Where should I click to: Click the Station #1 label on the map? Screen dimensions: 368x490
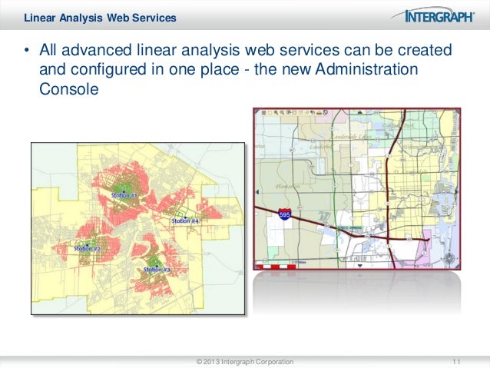point(124,195)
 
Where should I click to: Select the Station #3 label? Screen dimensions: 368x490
point(157,270)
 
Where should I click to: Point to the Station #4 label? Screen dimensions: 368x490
point(185,220)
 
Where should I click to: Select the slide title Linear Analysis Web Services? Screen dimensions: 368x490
point(100,17)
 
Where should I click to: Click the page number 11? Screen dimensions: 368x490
point(458,361)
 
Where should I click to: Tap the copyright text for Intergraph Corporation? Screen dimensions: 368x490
point(244,361)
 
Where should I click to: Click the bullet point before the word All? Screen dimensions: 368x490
point(25,52)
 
